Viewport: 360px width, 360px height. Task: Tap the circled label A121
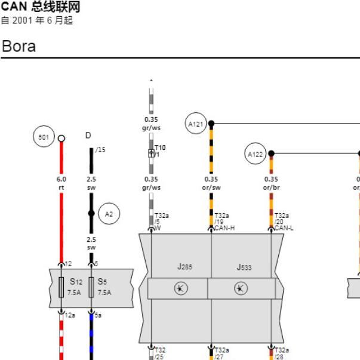pos(196,124)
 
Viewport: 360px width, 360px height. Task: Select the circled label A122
pos(256,153)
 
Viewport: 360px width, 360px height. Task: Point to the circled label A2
pos(109,214)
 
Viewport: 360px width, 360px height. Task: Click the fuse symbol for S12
pos(61,287)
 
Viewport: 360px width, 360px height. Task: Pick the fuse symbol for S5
pos(91,287)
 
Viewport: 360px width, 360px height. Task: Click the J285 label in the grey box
pos(185,266)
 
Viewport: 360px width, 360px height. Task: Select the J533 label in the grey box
pos(244,267)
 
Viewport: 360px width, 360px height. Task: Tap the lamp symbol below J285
pos(181,288)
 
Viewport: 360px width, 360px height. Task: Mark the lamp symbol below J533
pos(241,288)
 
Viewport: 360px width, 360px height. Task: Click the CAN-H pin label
pos(224,228)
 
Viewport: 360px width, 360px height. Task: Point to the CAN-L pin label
pos(284,228)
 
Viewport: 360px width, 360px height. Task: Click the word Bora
pos(19,46)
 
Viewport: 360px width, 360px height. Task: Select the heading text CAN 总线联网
pos(41,7)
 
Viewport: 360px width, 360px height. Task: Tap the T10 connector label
pos(160,147)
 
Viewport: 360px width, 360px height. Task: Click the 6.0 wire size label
pos(61,179)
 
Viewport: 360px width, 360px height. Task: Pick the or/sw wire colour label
pos(211,187)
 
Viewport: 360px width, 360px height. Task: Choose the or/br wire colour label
pos(272,187)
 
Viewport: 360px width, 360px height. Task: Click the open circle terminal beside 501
pos(61,139)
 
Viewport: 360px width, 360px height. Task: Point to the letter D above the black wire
pos(88,136)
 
